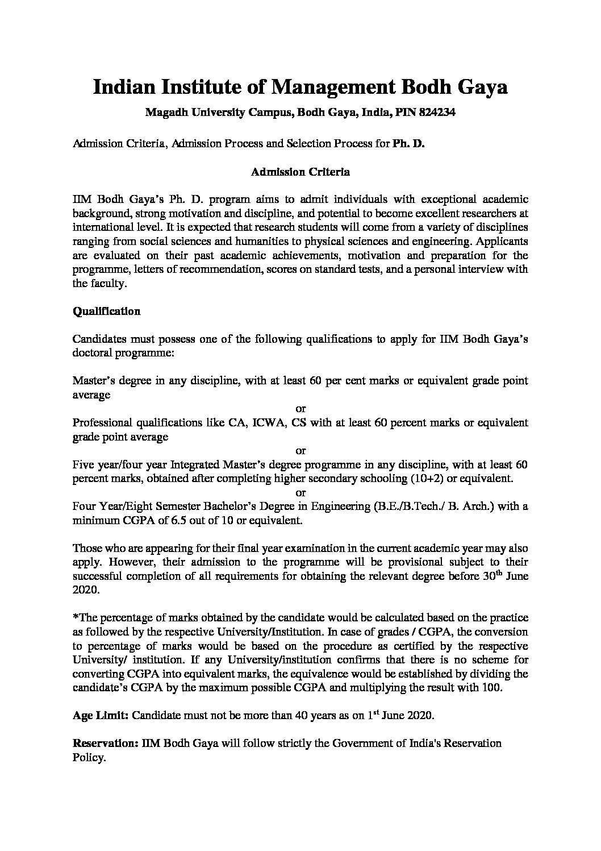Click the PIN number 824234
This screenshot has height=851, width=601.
click(x=437, y=113)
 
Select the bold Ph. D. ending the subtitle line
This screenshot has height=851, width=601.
click(x=408, y=144)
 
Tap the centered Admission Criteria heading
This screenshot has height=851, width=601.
click(x=300, y=171)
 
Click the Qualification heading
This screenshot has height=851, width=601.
click(x=107, y=312)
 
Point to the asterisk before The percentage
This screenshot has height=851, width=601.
click(x=75, y=617)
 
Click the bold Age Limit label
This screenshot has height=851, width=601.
click(x=101, y=716)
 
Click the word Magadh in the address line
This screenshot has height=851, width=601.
click(x=163, y=113)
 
